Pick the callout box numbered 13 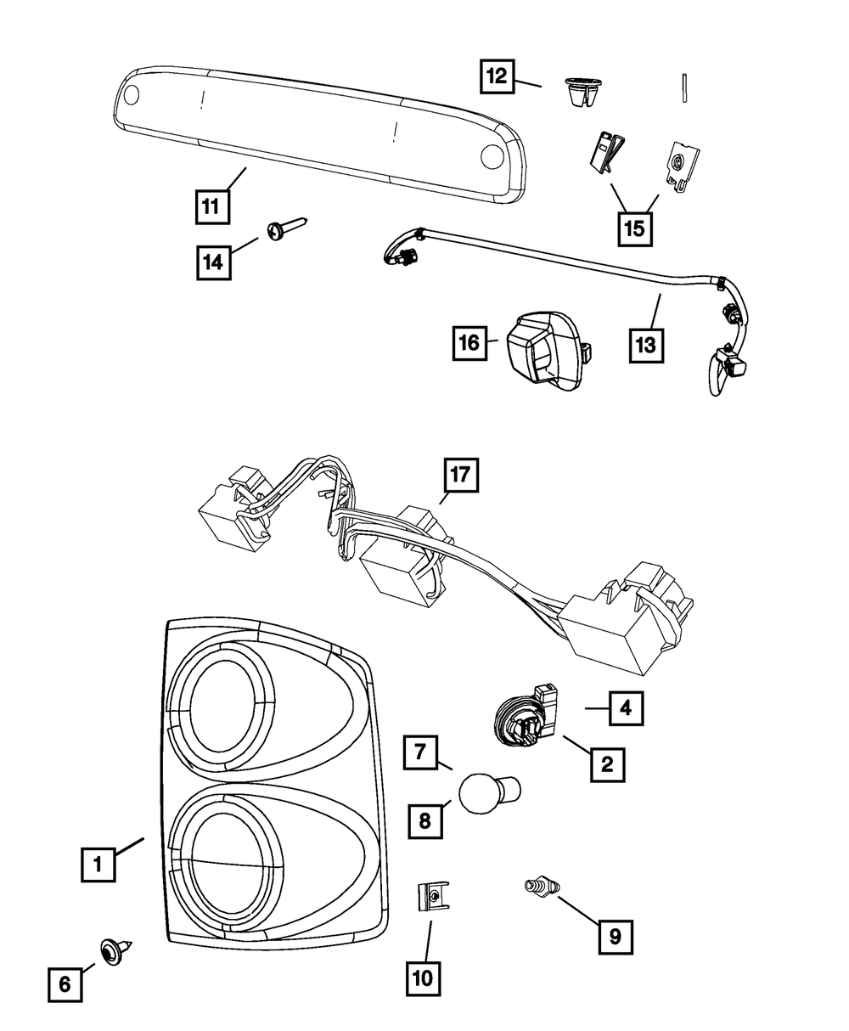647,345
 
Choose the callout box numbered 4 625,707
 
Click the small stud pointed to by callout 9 538,888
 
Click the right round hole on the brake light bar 492,157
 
